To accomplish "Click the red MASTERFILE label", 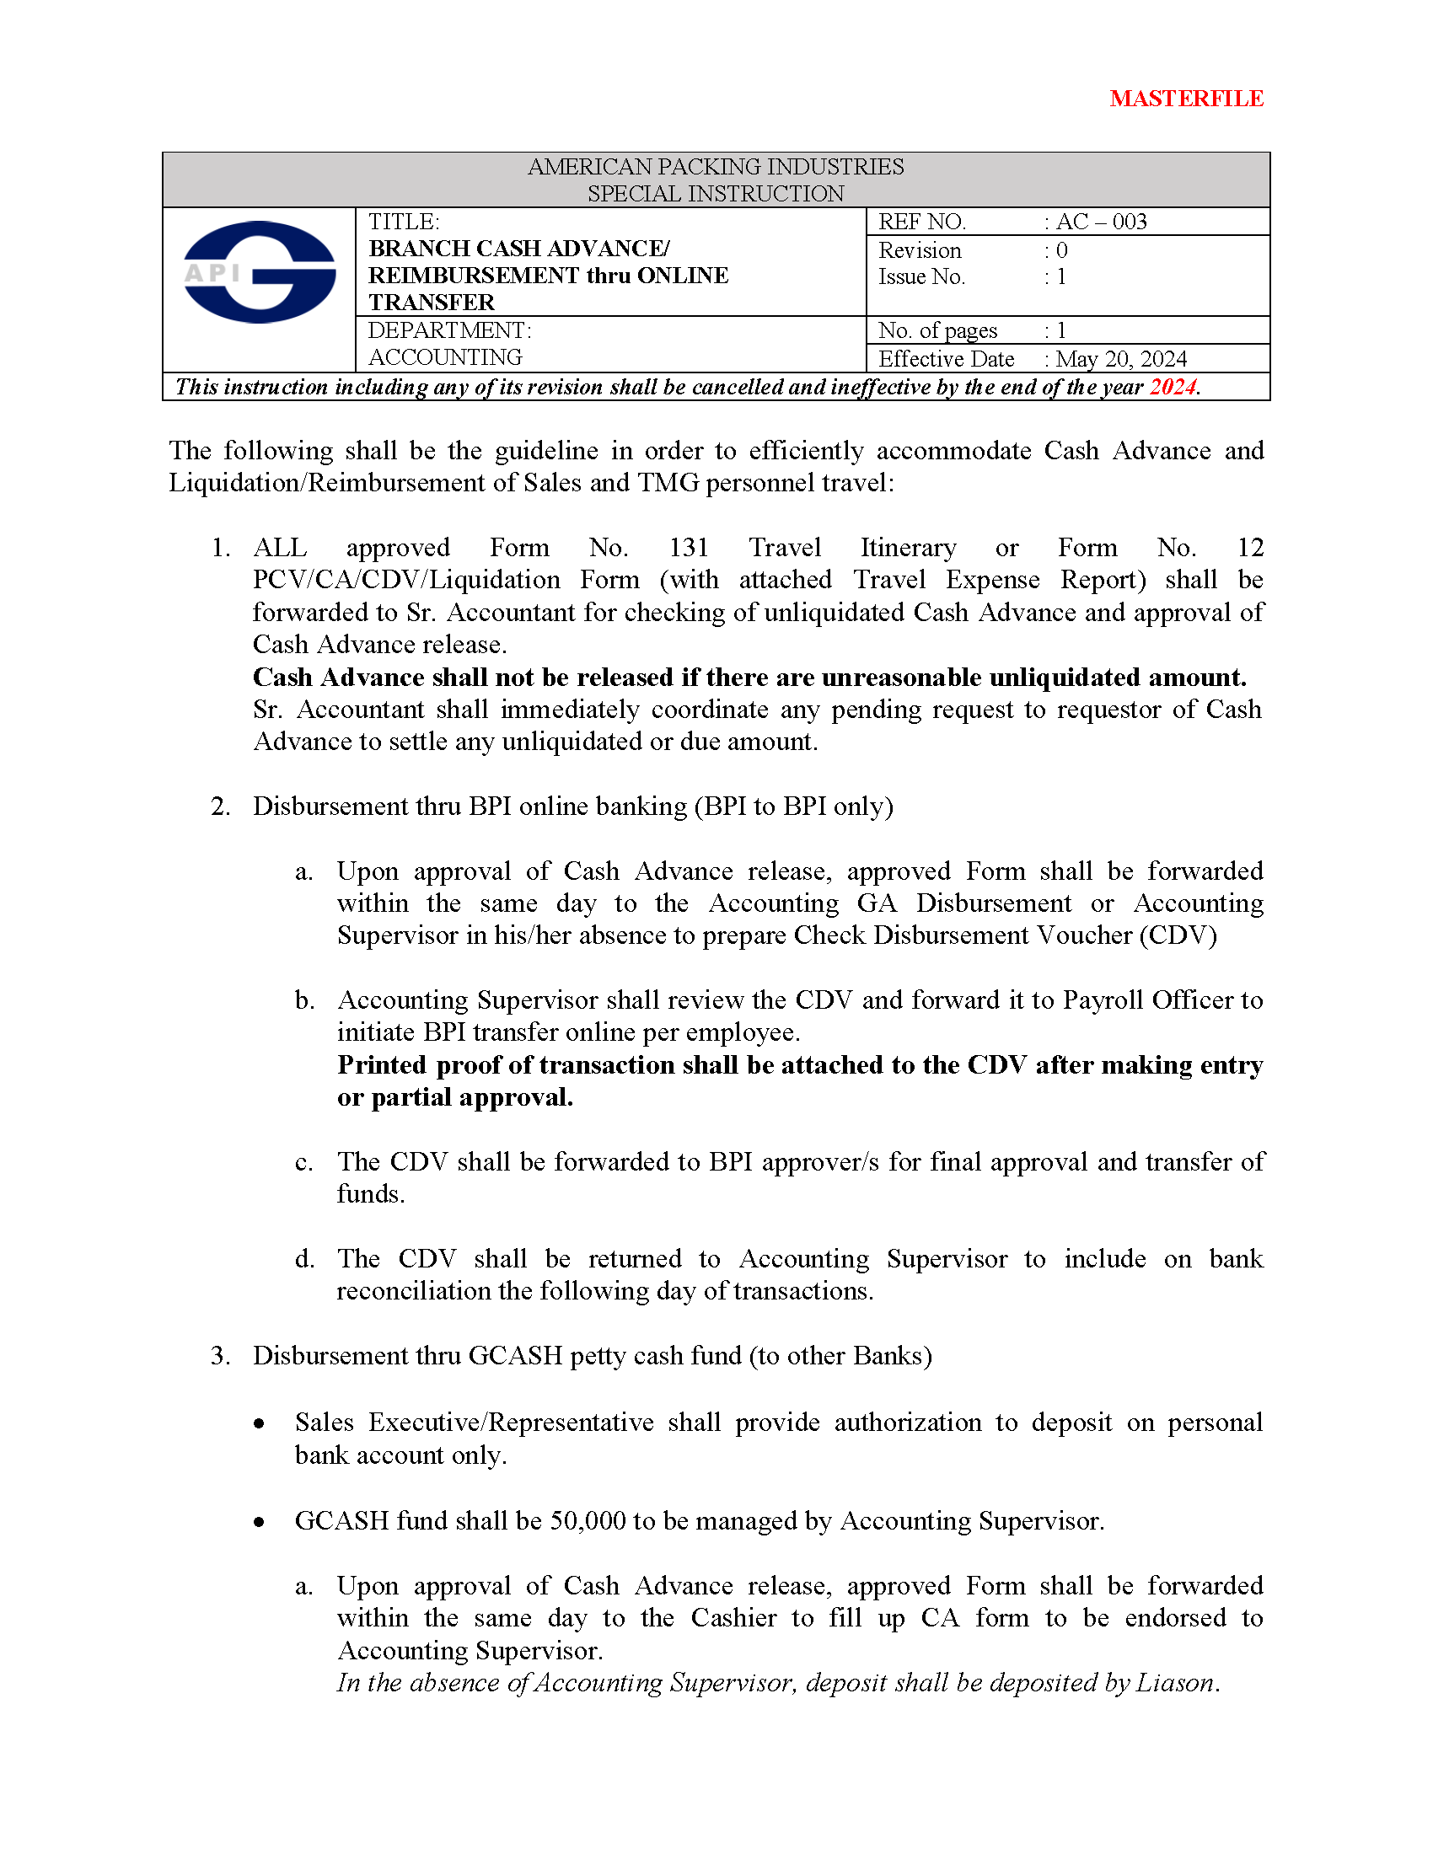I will tap(1186, 99).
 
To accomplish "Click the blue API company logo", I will tap(260, 271).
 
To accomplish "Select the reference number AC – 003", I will tap(1101, 222).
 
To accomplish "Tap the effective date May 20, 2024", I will tap(1120, 359).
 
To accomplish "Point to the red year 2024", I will tap(1172, 387).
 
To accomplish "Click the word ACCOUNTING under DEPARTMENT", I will tap(445, 357).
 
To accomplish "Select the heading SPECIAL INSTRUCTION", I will tap(716, 194).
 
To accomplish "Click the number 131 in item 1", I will tap(688, 548).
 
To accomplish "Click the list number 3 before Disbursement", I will tap(220, 1356).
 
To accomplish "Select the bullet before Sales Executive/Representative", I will tap(260, 1423).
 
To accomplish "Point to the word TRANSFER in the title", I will tap(432, 303).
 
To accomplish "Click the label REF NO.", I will tap(922, 222).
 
